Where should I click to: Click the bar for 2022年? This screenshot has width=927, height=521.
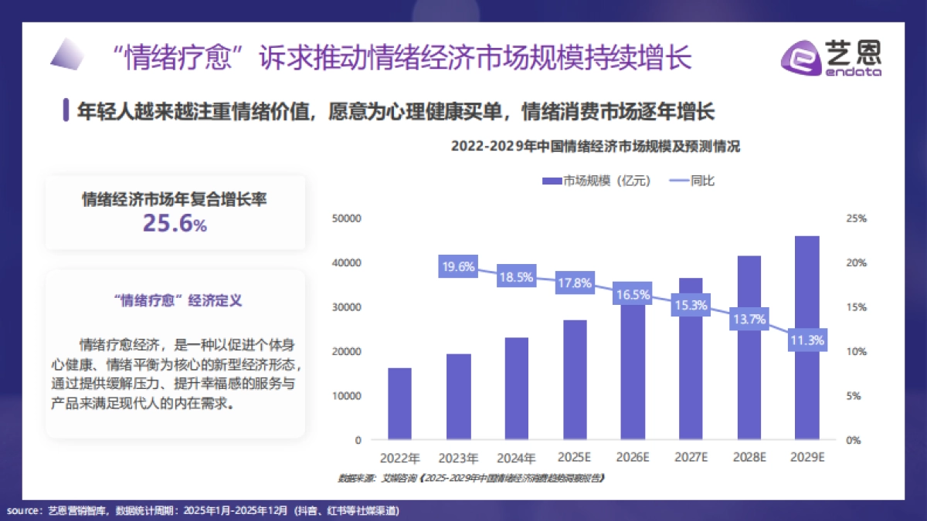coord(399,404)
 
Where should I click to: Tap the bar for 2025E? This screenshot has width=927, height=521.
coord(575,380)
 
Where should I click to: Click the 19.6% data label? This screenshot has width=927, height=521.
coord(458,267)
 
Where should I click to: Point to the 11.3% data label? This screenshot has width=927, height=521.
coord(807,340)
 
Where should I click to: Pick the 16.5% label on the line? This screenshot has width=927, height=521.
coord(633,294)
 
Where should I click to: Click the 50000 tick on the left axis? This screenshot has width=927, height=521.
coord(347,218)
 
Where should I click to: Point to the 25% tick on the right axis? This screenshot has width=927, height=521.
coord(857,218)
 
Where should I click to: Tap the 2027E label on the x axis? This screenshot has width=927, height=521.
coord(691,457)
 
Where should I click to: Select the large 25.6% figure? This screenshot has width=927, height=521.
coord(175,224)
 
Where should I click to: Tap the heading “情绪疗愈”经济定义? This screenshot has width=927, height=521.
coord(176,300)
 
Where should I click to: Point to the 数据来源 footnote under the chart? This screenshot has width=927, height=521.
coord(470,479)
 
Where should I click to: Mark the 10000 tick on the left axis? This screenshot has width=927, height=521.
coord(347,396)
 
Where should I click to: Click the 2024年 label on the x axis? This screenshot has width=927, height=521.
coord(517,457)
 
